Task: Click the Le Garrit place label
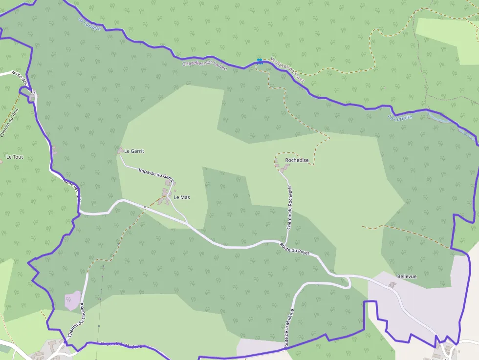coord(134,151)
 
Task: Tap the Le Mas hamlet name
coord(182,197)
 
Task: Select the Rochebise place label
coord(297,160)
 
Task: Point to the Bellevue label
coord(407,276)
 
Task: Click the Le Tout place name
coord(15,157)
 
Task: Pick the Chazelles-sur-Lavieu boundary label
coord(204,65)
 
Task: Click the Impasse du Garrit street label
coord(156,174)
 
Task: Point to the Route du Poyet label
coord(295,249)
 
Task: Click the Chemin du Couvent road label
coord(77,319)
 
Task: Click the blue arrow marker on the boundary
coord(260,61)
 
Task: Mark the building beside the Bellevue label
coord(392,284)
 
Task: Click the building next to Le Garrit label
coord(120,150)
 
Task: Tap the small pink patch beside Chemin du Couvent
coord(72,299)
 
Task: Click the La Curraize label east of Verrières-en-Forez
coord(400,117)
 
